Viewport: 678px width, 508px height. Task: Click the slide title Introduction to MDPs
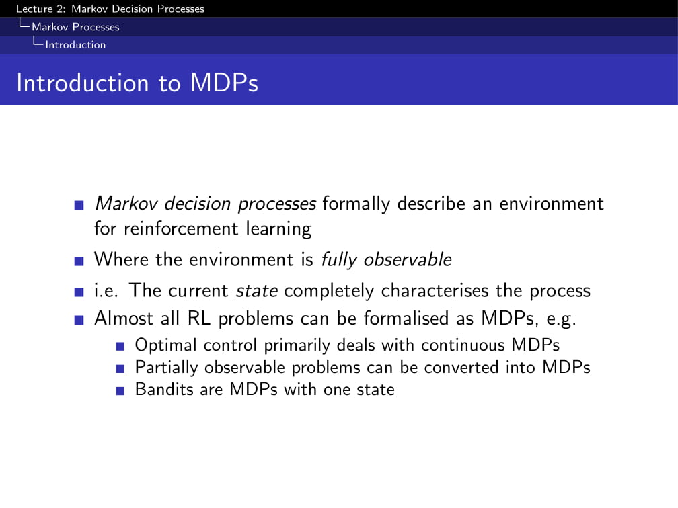coord(137,83)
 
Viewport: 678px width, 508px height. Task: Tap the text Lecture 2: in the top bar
coord(40,9)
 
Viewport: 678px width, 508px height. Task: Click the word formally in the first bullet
coord(356,204)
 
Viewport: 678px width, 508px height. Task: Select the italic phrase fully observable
coord(386,259)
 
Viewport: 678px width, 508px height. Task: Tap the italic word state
coord(257,291)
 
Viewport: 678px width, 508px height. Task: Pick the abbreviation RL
coord(199,318)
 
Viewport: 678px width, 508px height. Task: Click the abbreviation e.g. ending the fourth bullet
coord(561,319)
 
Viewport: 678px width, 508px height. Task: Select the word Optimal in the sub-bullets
coord(166,345)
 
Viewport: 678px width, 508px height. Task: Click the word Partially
coord(167,368)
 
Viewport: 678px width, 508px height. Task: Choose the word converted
coord(461,367)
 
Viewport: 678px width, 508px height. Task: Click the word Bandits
coord(164,389)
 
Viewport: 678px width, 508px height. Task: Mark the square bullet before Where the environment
coord(79,261)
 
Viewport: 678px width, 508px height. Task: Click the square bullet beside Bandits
coord(120,391)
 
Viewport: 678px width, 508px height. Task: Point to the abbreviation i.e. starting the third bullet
coord(106,291)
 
